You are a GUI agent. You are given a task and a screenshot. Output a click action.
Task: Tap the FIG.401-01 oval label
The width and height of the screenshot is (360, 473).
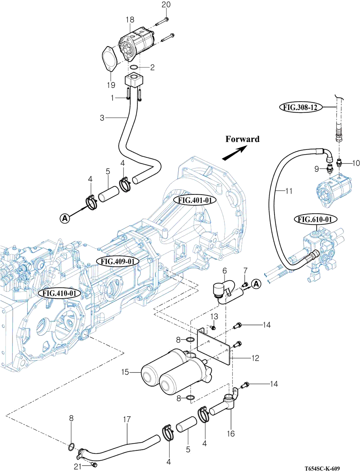tap(195, 200)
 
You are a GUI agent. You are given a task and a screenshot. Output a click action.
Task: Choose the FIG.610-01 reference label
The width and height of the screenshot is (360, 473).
tap(316, 220)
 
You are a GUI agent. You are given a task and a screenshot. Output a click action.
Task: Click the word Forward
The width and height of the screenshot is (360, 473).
tap(242, 139)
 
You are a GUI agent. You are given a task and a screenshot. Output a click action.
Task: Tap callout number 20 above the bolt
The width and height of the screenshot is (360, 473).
tap(166, 4)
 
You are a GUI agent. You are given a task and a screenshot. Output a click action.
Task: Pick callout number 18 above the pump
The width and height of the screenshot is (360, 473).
tap(130, 20)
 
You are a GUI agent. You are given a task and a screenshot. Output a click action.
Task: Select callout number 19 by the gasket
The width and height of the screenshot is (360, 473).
tap(111, 85)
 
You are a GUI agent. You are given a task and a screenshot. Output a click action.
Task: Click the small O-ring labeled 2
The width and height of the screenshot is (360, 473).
tap(133, 68)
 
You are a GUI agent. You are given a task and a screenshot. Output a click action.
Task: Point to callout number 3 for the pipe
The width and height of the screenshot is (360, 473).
tap(102, 118)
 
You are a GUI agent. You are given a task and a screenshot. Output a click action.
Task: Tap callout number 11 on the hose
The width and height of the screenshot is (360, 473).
tap(289, 191)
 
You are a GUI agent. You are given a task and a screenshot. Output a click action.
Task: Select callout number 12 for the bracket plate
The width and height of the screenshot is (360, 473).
tap(255, 358)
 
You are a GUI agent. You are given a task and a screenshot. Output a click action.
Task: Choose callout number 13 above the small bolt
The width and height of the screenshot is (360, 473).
tap(214, 316)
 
